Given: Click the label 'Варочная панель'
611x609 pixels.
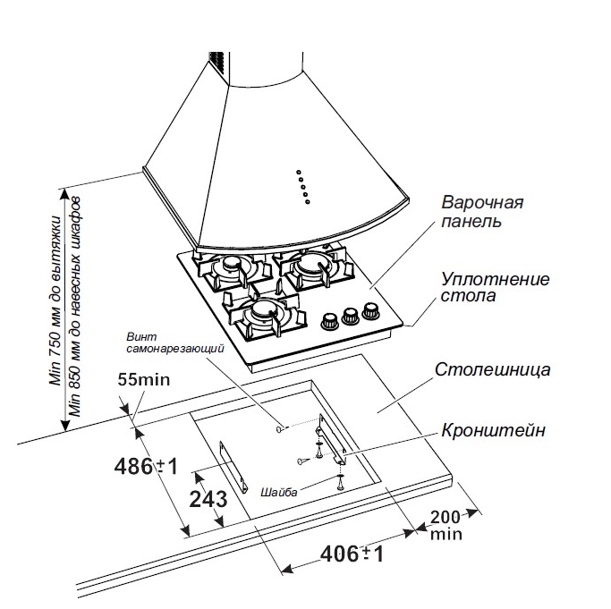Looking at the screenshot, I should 482,212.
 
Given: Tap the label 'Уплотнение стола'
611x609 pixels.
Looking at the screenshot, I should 495,286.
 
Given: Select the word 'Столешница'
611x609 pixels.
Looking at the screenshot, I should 492,368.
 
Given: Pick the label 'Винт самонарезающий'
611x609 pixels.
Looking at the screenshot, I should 174,341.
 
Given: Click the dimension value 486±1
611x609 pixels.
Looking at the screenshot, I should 148,466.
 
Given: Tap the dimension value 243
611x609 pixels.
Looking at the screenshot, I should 208,500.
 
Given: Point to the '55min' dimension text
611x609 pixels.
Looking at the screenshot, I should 143,380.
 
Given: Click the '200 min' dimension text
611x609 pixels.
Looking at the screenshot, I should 446,524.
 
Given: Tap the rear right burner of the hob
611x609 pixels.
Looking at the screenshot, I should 313,266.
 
